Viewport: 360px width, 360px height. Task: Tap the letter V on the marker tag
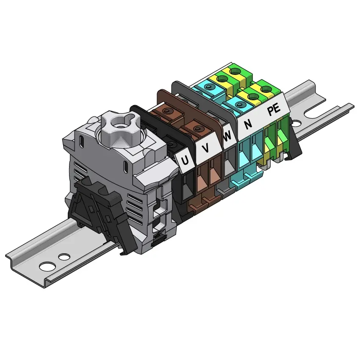[206, 148]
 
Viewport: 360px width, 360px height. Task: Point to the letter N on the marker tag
[248, 124]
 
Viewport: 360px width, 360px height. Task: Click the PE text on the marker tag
[274, 109]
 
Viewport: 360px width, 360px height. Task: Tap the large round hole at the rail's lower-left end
[47, 266]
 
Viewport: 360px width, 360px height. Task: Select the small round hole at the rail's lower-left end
[64, 257]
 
